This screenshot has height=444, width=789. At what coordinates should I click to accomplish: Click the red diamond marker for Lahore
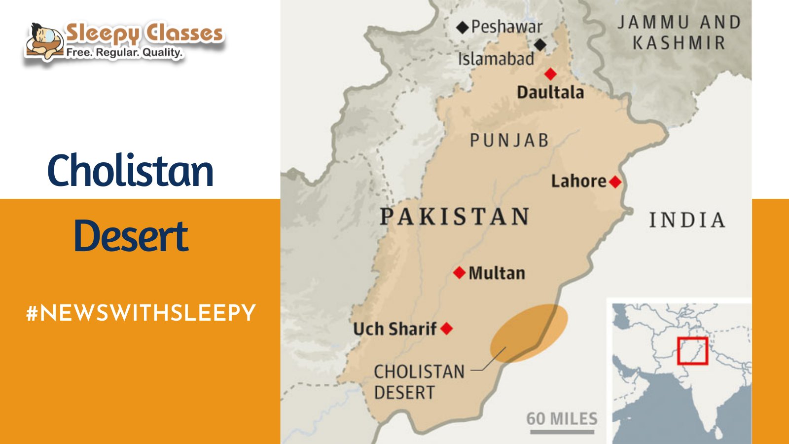click(615, 182)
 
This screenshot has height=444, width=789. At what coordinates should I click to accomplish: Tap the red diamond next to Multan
click(459, 273)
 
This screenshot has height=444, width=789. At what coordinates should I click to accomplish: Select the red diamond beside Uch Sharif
click(446, 329)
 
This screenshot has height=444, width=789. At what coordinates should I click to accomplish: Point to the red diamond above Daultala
click(550, 74)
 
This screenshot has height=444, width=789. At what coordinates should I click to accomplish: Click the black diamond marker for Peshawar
click(462, 27)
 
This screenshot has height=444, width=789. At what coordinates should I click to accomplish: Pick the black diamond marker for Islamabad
click(540, 45)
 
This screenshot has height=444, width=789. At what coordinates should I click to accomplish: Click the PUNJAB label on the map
click(509, 141)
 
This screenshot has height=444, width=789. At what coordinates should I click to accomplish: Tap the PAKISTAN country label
click(454, 217)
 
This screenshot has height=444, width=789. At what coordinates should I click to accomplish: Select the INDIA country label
click(687, 220)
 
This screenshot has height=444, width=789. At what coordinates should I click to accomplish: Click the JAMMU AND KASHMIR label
click(679, 33)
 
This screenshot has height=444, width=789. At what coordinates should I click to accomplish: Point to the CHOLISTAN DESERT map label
click(419, 382)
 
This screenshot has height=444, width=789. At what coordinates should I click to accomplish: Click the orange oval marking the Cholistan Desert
click(529, 333)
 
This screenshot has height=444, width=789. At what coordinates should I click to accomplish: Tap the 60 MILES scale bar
click(562, 431)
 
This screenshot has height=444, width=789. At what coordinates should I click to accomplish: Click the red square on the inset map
click(692, 351)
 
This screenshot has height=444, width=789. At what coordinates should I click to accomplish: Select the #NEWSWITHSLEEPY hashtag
click(141, 313)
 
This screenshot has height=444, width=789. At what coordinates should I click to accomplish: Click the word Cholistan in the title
click(130, 171)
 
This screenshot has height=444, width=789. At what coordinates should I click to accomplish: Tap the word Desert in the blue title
click(131, 236)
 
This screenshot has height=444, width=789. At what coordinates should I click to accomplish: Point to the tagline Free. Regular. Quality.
click(124, 52)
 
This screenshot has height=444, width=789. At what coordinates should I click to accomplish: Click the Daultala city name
click(550, 92)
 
